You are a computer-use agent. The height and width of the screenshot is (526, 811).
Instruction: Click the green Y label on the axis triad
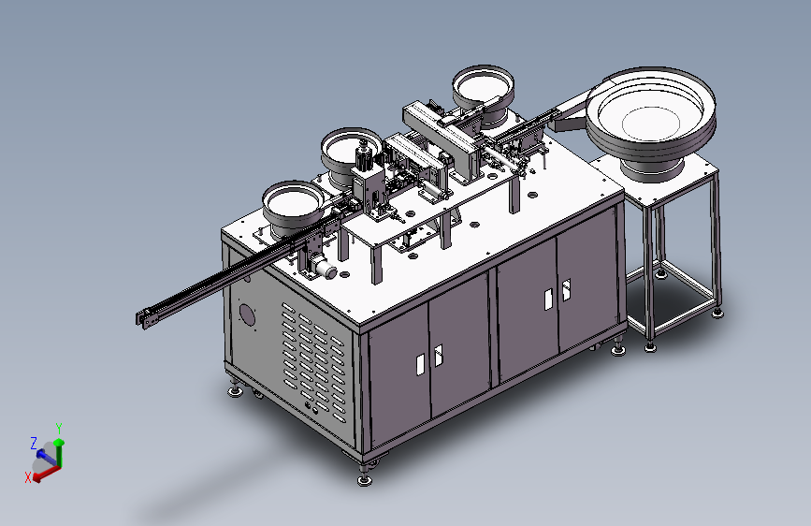coord(59,429)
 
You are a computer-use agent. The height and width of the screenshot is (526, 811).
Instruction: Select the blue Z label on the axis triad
coord(34,444)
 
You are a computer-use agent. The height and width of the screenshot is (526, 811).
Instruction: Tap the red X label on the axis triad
coord(28,477)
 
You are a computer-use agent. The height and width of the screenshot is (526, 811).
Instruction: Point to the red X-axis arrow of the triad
coord(46,474)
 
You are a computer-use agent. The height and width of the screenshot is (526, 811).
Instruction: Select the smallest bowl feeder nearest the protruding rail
coord(293,207)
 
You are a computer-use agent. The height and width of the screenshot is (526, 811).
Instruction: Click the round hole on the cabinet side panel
coord(247,314)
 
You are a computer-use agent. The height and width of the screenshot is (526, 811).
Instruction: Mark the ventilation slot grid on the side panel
coord(314,361)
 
